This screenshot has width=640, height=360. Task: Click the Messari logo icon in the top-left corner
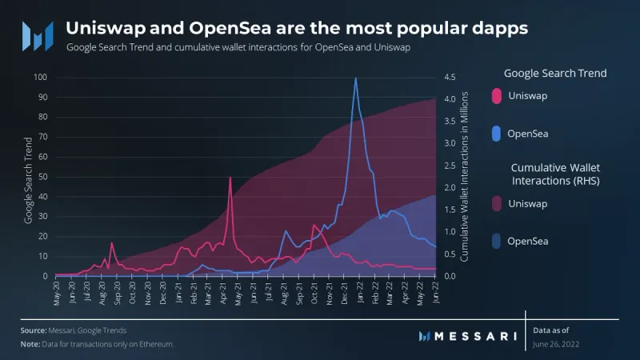click(x=37, y=34)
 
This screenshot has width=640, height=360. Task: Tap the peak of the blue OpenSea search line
click(x=355, y=78)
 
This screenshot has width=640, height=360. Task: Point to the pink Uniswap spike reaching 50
click(x=230, y=177)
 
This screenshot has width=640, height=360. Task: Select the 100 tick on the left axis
click(x=40, y=78)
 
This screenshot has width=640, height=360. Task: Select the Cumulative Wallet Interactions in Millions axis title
click(x=463, y=177)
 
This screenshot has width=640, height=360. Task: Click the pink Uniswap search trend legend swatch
click(x=496, y=96)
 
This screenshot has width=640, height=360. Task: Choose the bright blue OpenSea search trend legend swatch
click(x=496, y=133)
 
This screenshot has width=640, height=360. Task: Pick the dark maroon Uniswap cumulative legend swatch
click(x=496, y=204)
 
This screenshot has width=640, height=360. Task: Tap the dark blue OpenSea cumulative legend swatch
click(x=496, y=240)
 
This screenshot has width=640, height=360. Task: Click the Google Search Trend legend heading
click(x=554, y=73)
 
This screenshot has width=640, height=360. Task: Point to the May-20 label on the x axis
click(x=57, y=294)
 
